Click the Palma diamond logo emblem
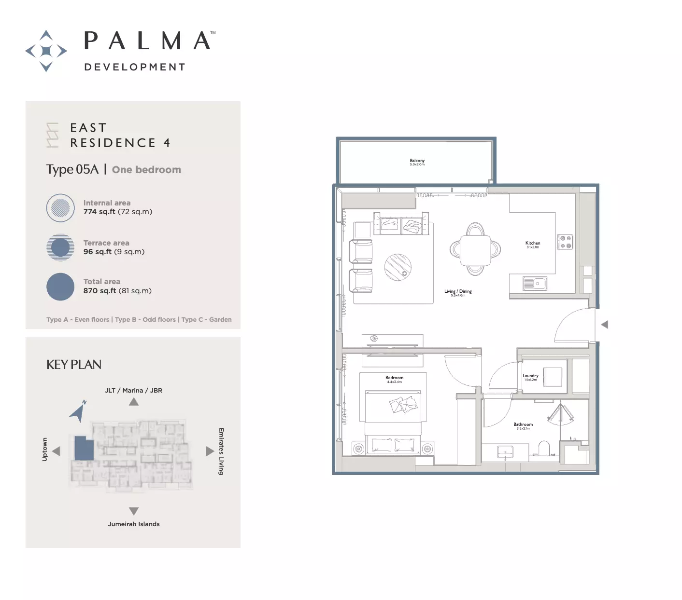(x=46, y=51)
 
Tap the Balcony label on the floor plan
(x=417, y=161)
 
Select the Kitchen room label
(x=533, y=244)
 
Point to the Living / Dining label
(x=458, y=291)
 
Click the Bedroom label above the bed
(x=394, y=378)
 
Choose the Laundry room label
(x=530, y=376)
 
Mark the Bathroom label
(x=523, y=425)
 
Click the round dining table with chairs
(x=475, y=249)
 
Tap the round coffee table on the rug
(x=398, y=267)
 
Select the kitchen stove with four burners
(x=565, y=242)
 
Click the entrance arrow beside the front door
(x=605, y=325)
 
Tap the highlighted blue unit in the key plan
(x=84, y=448)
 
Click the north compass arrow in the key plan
(x=78, y=411)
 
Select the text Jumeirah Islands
(x=134, y=524)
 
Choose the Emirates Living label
(x=221, y=451)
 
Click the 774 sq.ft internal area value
(x=99, y=212)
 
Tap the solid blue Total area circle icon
(x=60, y=286)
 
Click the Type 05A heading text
(x=72, y=169)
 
